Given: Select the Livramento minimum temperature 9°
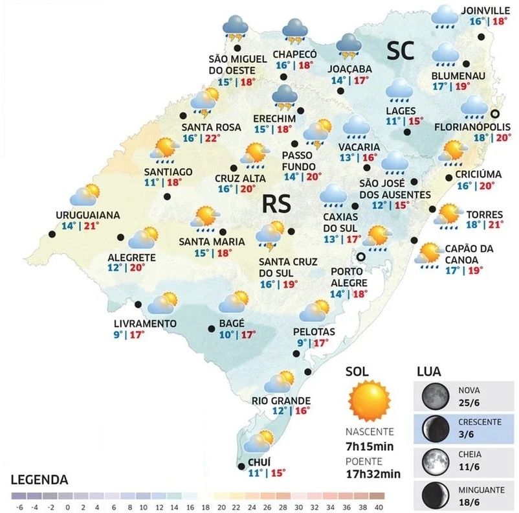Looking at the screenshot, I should pyautogui.click(x=116, y=334).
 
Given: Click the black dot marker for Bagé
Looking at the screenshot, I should pyautogui.click(x=211, y=329).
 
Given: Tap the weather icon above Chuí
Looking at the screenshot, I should pyautogui.click(x=257, y=442).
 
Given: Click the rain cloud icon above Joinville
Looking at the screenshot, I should pyautogui.click(x=445, y=17).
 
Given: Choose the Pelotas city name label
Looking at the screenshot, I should pyautogui.click(x=313, y=332).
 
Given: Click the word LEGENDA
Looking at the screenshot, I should pyautogui.click(x=39, y=480).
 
